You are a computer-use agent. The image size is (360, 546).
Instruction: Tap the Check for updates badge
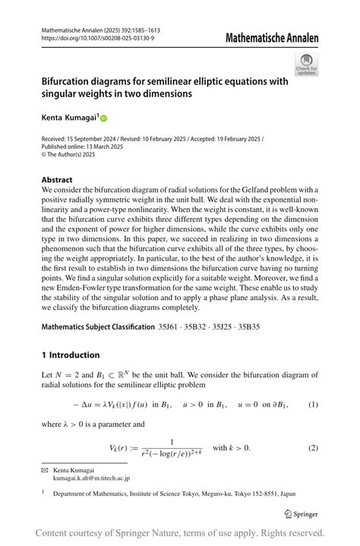(x=306, y=64)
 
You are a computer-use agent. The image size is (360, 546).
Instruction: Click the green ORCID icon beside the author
(x=103, y=118)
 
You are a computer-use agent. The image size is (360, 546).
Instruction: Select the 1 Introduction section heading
(x=71, y=355)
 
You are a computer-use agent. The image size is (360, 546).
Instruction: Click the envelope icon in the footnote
(x=45, y=471)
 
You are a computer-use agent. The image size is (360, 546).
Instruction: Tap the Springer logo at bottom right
(x=300, y=513)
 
